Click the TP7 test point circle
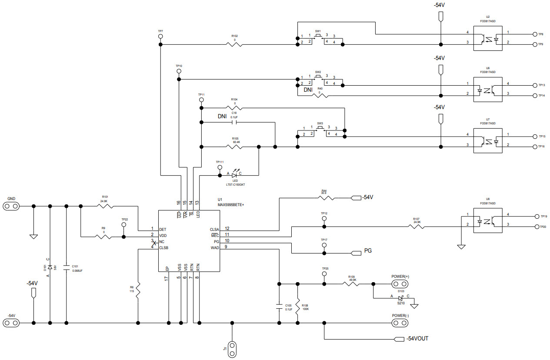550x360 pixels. point(160,37)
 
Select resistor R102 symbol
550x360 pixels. point(234,44)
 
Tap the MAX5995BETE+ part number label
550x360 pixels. point(231,204)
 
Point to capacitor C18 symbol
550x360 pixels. point(234,122)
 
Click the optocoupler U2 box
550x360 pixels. point(487,38)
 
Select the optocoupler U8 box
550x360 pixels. point(487,221)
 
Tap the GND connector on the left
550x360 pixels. point(12,206)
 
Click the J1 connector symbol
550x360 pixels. point(233,349)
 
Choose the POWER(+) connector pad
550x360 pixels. point(400,284)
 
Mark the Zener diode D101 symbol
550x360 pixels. point(50,267)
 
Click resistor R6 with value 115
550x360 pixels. point(138,290)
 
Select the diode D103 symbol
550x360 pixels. point(400,298)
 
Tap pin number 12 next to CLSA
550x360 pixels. point(227,228)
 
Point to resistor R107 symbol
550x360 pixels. point(417,226)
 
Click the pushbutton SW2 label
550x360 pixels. point(318,72)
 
